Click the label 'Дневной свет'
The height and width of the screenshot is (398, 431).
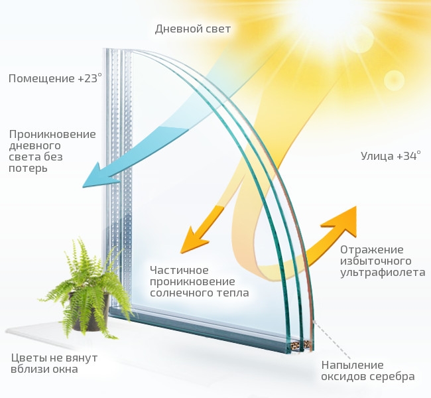coord(192,29)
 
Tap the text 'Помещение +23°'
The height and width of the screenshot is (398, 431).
coord(56,78)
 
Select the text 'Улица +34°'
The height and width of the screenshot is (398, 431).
coord(391,157)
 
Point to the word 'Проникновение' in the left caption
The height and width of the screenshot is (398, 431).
coord(52,134)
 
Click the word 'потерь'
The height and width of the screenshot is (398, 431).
coord(29,168)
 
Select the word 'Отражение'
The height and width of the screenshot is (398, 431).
coord(371,249)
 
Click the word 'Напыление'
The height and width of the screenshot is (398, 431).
coord(353,365)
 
